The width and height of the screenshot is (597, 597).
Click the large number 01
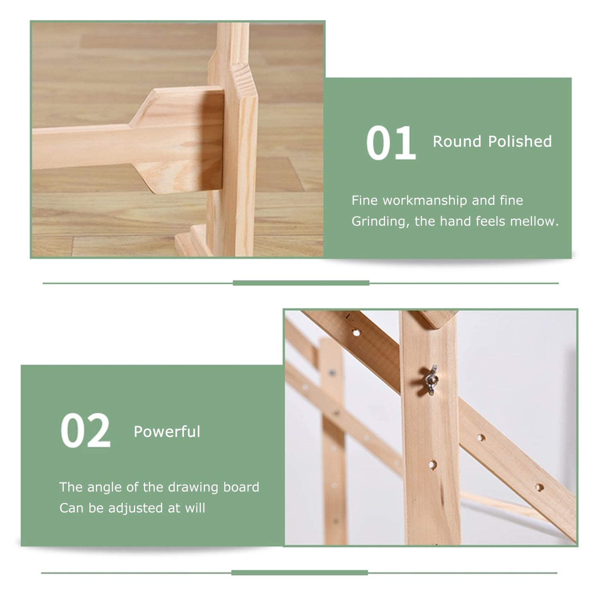(x=391, y=143)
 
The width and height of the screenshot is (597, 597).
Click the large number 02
(x=86, y=431)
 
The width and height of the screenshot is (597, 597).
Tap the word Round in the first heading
(x=457, y=142)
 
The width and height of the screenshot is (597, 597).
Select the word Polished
(x=520, y=142)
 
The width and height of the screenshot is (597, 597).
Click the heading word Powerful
(x=167, y=432)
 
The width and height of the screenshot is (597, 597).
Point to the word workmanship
(x=425, y=201)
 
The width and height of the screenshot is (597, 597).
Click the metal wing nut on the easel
(x=431, y=380)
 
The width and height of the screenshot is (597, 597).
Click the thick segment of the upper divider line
(x=301, y=283)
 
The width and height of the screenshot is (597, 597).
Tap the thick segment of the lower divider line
(x=299, y=573)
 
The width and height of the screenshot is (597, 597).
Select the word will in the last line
(x=195, y=508)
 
